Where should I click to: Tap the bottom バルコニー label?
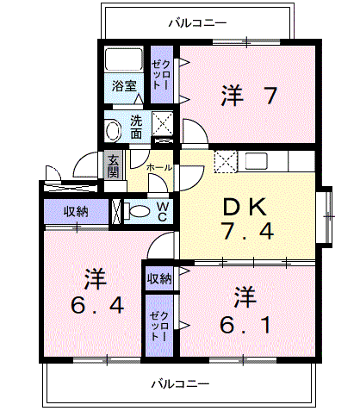(180, 382)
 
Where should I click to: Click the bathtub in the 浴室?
(124, 61)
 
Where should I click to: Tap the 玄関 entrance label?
(113, 164)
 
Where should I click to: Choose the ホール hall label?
(158, 165)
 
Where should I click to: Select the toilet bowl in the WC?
(136, 212)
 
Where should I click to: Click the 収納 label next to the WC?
(75, 211)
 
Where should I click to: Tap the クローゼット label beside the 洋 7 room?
(160, 76)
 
